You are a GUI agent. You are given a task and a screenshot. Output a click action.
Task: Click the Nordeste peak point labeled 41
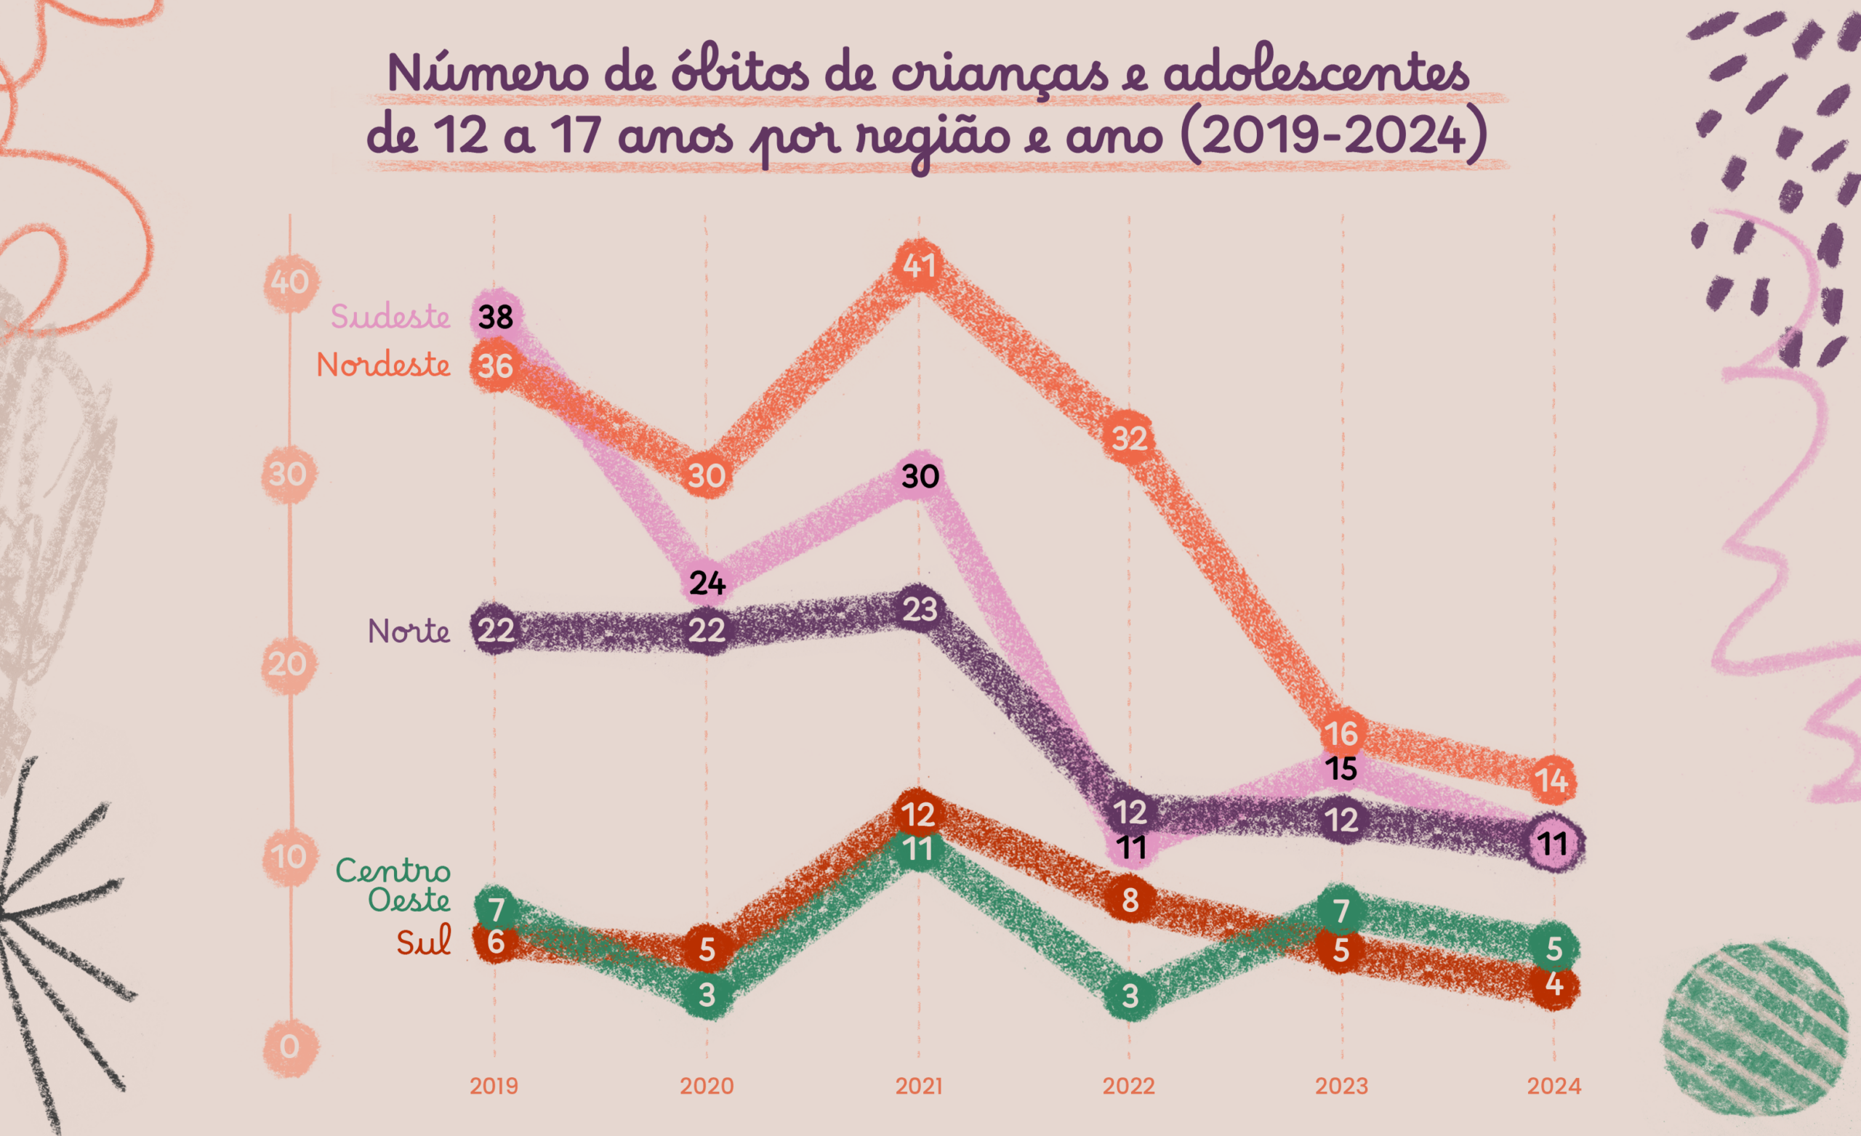[x=919, y=266]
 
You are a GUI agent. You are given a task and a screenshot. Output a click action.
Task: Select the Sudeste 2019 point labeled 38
[x=496, y=316]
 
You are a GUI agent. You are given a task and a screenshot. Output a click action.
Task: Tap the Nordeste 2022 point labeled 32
[x=1129, y=438]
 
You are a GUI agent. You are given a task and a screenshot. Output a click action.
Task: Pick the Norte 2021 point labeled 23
[x=919, y=609]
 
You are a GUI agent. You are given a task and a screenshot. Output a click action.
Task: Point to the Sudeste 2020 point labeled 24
[x=707, y=583]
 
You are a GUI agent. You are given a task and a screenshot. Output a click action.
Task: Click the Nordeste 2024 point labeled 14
[x=1553, y=781]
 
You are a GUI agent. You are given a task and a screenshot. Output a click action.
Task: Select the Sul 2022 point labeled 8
[x=1130, y=900]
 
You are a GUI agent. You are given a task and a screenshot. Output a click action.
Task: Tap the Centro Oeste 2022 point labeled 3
[x=1130, y=996]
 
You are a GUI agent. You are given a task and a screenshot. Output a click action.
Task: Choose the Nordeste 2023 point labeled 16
[x=1342, y=733]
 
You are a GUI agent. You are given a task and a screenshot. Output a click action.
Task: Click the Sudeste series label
[x=390, y=316]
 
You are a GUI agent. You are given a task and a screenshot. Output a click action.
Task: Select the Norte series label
[x=409, y=631]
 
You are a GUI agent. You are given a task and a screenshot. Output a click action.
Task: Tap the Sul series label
[x=424, y=941]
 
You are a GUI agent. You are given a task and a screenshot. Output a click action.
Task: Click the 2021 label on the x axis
[x=919, y=1086]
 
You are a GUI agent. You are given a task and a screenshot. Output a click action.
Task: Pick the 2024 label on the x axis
[x=1553, y=1086]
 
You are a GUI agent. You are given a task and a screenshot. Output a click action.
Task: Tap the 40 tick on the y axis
[x=290, y=283]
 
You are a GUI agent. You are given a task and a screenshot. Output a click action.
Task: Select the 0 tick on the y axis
[x=290, y=1047]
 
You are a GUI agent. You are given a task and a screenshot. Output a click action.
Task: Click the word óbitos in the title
[x=739, y=73]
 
